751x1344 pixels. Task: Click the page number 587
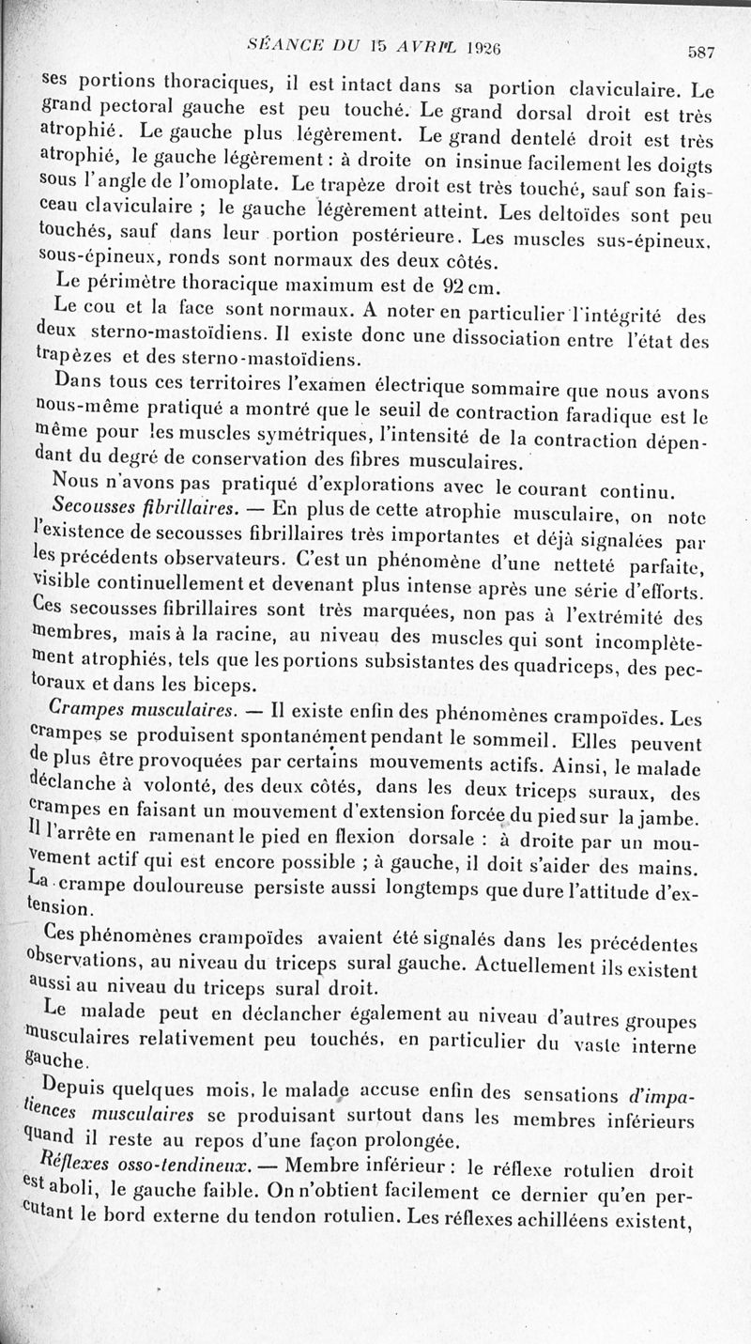[700, 53]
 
